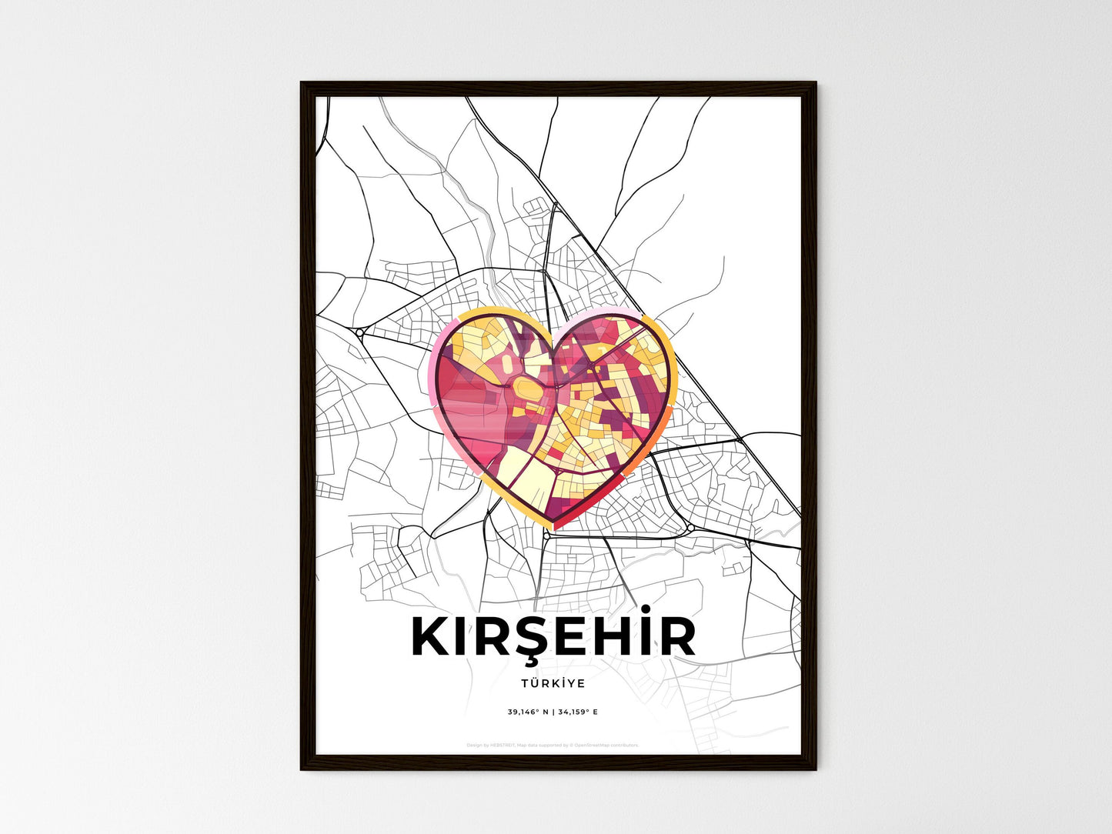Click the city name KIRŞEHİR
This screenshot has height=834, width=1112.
point(554,637)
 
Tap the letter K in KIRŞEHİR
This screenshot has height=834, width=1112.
point(432,637)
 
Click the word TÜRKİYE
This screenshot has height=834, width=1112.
point(553,683)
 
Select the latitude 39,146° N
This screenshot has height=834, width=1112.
point(528,712)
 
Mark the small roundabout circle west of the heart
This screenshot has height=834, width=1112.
point(359,333)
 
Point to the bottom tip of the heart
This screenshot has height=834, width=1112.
point(554,528)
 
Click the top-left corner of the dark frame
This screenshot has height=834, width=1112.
point(302,84)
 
